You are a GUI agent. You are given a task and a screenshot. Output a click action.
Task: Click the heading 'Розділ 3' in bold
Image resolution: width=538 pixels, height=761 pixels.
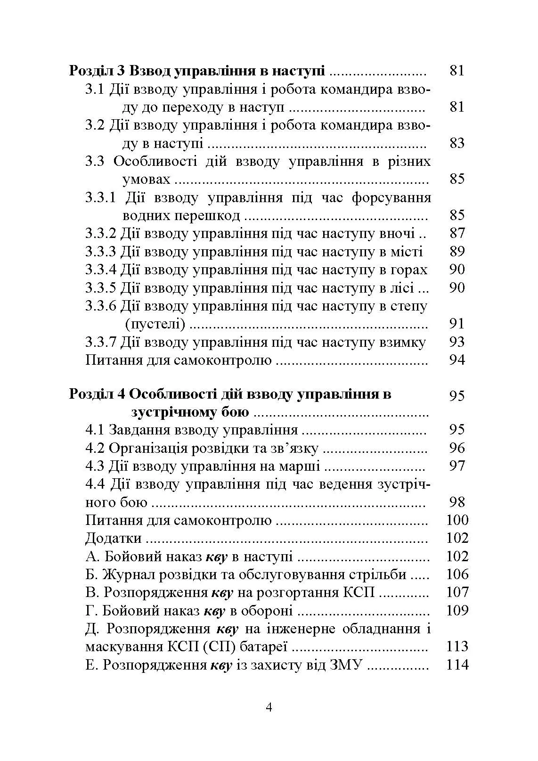click(x=97, y=71)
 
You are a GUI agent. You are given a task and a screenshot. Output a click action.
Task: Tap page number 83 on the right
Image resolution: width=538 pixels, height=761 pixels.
click(x=457, y=143)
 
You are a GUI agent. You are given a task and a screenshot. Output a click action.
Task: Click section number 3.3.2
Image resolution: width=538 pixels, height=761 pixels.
click(x=100, y=234)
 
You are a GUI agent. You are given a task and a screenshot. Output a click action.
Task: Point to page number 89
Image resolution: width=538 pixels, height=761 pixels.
click(x=457, y=252)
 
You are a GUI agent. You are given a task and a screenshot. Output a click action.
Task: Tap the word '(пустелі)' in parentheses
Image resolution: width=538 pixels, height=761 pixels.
click(x=155, y=324)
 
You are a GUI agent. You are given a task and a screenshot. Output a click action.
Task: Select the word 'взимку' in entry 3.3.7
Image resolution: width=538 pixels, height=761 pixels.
click(x=402, y=343)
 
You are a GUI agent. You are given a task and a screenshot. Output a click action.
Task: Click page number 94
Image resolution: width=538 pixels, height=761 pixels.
click(x=457, y=360)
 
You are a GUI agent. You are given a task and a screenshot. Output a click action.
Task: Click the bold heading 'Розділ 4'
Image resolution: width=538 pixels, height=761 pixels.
click(x=97, y=394)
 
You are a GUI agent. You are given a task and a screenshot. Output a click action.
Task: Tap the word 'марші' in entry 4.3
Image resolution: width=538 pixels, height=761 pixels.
click(x=302, y=466)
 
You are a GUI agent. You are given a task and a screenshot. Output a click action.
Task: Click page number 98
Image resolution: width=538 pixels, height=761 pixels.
click(x=457, y=502)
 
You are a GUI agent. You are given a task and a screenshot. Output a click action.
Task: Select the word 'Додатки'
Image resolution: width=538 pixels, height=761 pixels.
click(x=114, y=539)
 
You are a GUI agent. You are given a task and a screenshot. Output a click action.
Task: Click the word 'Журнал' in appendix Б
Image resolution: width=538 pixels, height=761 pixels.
click(x=127, y=575)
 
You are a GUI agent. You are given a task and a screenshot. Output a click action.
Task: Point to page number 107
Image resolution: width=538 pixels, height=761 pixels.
click(x=457, y=593)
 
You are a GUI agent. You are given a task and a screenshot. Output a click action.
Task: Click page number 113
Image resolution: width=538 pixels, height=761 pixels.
click(x=457, y=647)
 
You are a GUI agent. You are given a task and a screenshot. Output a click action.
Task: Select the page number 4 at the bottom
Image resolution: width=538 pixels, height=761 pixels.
click(x=269, y=708)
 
